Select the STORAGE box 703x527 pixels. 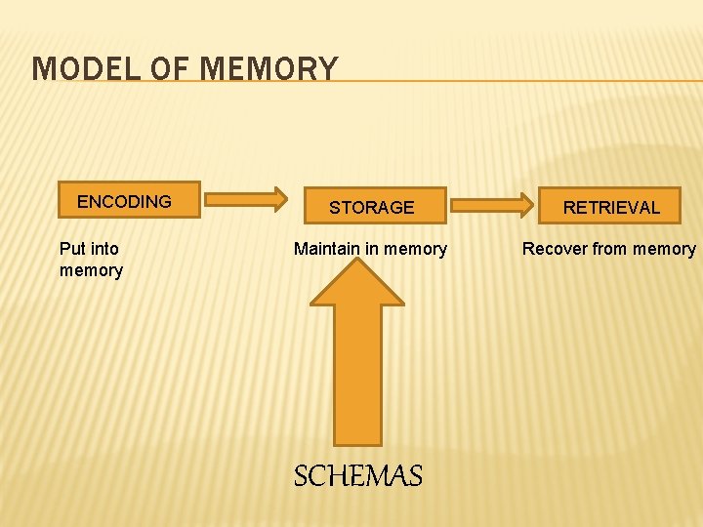click(x=371, y=206)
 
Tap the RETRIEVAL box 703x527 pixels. click(x=611, y=206)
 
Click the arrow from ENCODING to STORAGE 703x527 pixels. click(x=246, y=199)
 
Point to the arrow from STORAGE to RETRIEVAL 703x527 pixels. click(x=492, y=205)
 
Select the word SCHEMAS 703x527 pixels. click(x=358, y=476)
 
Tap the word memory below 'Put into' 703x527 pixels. click(x=91, y=270)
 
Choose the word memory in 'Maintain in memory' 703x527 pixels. click(x=415, y=249)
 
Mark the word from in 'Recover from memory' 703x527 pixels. click(x=609, y=249)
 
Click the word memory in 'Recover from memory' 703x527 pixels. click(x=664, y=249)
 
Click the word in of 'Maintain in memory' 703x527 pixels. click(x=372, y=249)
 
